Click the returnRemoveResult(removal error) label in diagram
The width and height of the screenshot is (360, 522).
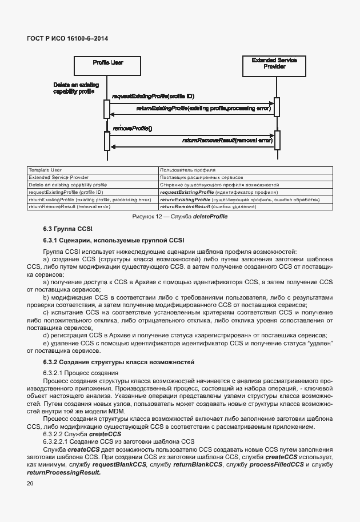[227, 140]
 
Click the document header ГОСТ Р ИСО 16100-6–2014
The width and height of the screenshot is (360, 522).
[67, 38]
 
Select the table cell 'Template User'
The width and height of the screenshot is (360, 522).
[45, 170]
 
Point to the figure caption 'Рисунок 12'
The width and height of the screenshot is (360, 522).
[180, 217]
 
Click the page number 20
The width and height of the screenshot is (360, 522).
[30, 483]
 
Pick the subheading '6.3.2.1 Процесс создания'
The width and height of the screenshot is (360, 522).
[80, 373]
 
